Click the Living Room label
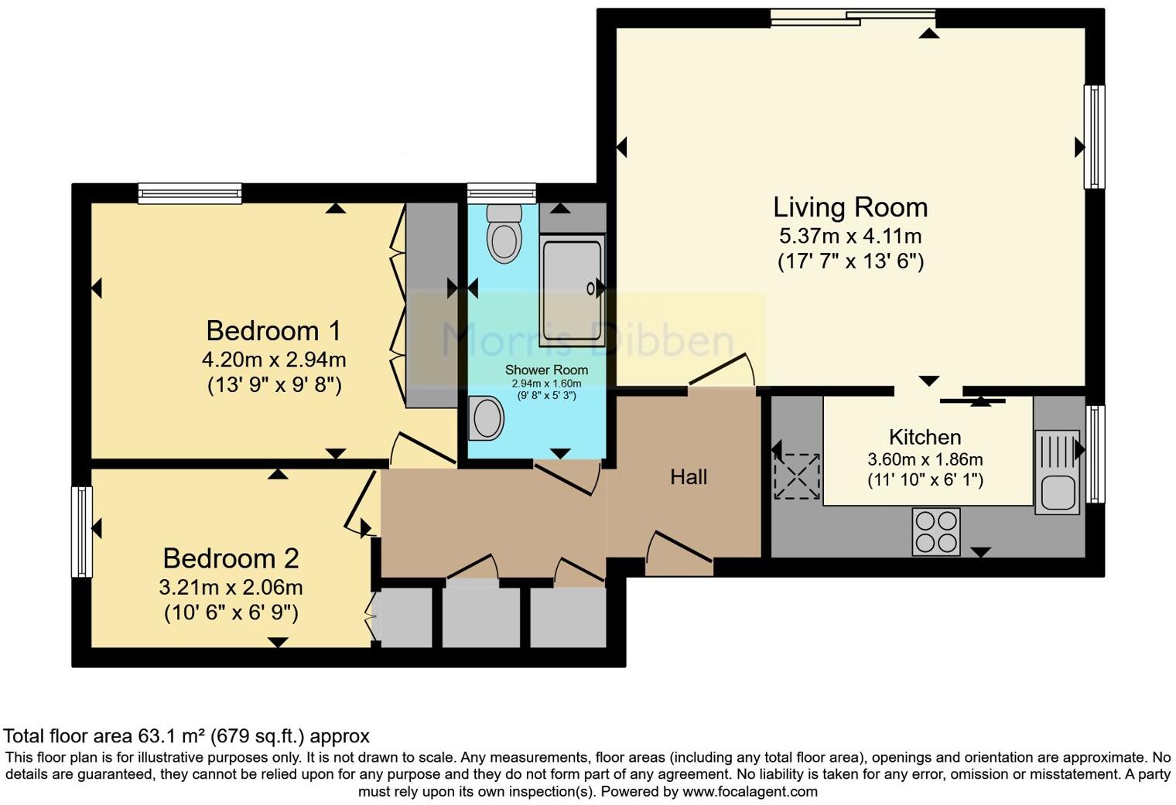pyautogui.click(x=850, y=207)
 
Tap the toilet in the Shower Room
pyautogui.click(x=504, y=233)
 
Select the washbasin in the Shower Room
pyautogui.click(x=487, y=418)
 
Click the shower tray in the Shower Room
pyautogui.click(x=573, y=291)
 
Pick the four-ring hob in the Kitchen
pyautogui.click(x=936, y=531)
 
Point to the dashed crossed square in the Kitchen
pyautogui.click(x=797, y=476)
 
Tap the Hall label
pyautogui.click(x=689, y=477)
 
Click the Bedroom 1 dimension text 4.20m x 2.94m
pyautogui.click(x=274, y=360)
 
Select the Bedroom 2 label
pyautogui.click(x=231, y=558)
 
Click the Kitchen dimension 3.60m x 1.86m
pyautogui.click(x=925, y=459)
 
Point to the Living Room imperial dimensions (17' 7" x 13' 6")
pyautogui.click(x=850, y=261)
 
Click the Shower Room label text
pyautogui.click(x=546, y=370)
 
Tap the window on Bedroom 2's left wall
pyautogui.click(x=82, y=531)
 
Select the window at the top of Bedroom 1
pyautogui.click(x=190, y=193)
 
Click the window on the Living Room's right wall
pyautogui.click(x=1094, y=137)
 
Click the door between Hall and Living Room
pyautogui.click(x=721, y=371)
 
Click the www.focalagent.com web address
pyautogui.click(x=750, y=792)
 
